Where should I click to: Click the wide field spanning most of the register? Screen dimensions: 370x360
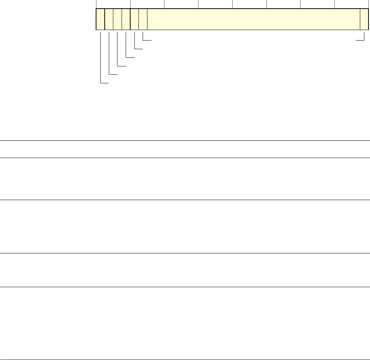click(254, 19)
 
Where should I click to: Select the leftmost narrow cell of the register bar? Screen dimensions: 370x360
click(100, 19)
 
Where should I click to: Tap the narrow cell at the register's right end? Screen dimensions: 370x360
click(364, 19)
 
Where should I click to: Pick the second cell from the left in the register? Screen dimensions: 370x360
click(109, 19)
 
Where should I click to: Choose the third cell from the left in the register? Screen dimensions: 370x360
click(117, 19)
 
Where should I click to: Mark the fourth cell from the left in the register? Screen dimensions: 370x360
click(126, 19)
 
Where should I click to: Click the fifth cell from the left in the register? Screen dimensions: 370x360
click(134, 19)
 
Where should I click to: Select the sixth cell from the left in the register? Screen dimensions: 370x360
click(143, 19)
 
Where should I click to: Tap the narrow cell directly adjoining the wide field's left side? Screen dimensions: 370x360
click(143, 19)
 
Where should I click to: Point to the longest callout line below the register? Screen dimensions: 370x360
click(101, 56)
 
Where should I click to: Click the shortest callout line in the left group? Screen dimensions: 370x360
click(143, 36)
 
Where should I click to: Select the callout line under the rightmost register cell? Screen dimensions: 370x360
click(364, 36)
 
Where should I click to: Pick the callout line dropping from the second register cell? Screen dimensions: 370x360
click(109, 53)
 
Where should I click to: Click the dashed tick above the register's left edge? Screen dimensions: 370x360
click(96, 4)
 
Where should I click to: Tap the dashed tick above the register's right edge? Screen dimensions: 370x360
click(368, 4)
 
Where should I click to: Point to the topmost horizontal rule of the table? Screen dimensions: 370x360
click(185, 141)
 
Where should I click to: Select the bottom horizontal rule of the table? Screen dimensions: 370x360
click(185, 350)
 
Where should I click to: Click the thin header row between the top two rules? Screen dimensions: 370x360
click(185, 149)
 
